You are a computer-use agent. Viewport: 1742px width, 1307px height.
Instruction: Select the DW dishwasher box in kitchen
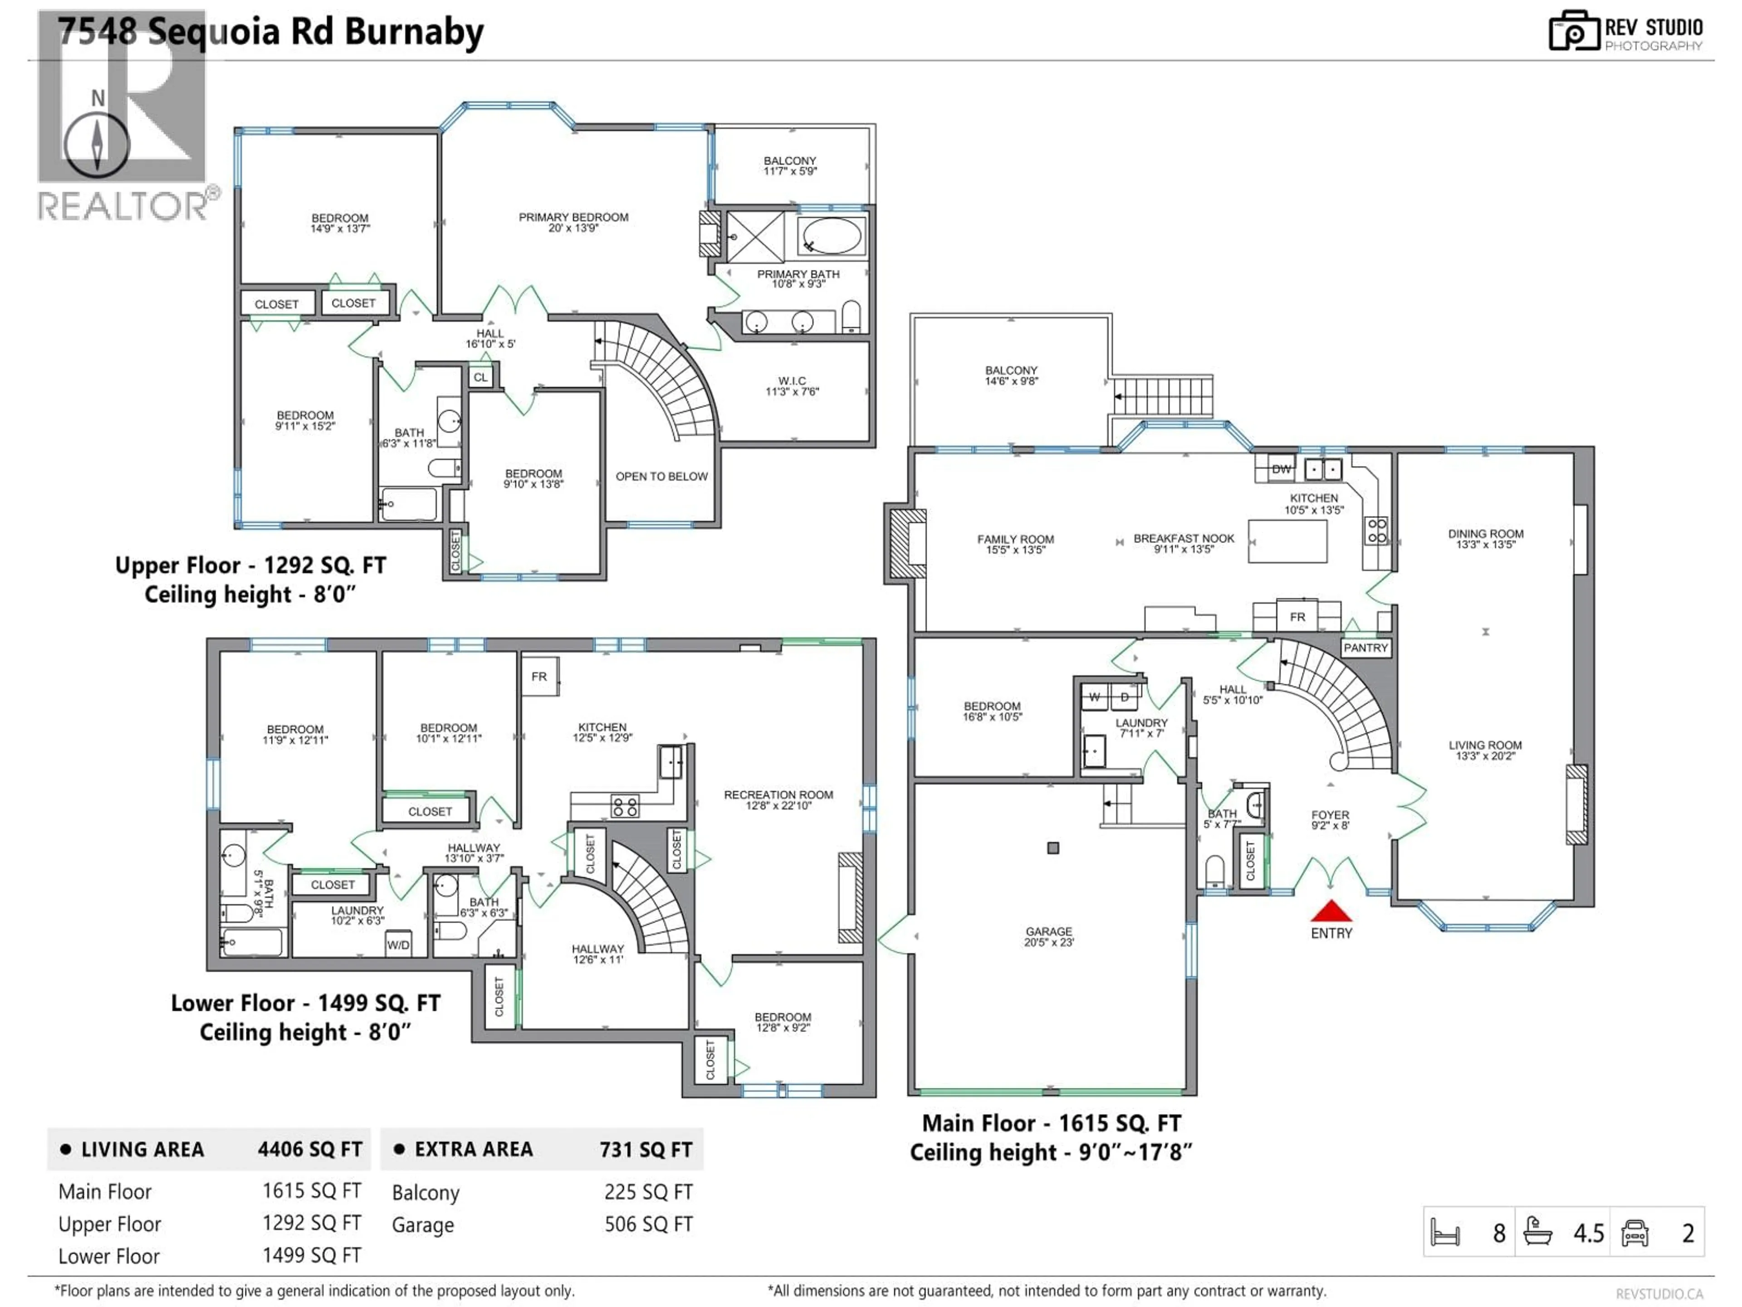tap(1281, 469)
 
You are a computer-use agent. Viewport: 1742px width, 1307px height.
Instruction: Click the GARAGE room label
tap(1048, 936)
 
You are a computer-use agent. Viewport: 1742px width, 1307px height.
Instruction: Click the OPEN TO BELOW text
tap(661, 477)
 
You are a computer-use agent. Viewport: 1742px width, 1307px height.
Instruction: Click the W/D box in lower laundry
tap(398, 944)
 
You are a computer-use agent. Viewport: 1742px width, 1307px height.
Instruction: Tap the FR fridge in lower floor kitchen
tap(539, 676)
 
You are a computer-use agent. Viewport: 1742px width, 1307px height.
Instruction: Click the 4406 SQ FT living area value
tap(309, 1150)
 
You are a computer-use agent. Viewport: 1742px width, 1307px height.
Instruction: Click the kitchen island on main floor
tap(1287, 540)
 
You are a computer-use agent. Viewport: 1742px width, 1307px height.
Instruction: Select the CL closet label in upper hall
tap(480, 378)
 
